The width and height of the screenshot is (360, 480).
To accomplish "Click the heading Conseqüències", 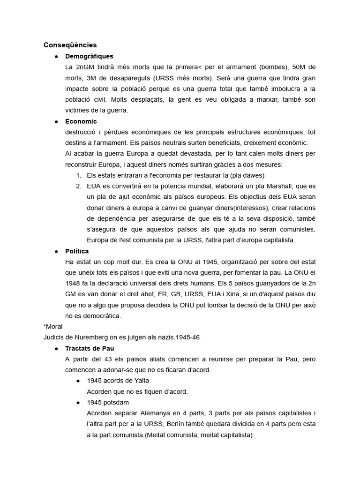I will pos(70,45).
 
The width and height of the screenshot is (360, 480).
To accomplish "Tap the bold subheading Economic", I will pos(81,121).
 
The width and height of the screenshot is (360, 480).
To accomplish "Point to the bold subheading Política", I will pos(77,251).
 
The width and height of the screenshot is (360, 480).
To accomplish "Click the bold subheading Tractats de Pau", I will pos(90,348).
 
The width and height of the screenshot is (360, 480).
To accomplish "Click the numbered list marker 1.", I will pos(79,175).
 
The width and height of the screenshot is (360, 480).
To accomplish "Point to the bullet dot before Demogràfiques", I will pos(56,56).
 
